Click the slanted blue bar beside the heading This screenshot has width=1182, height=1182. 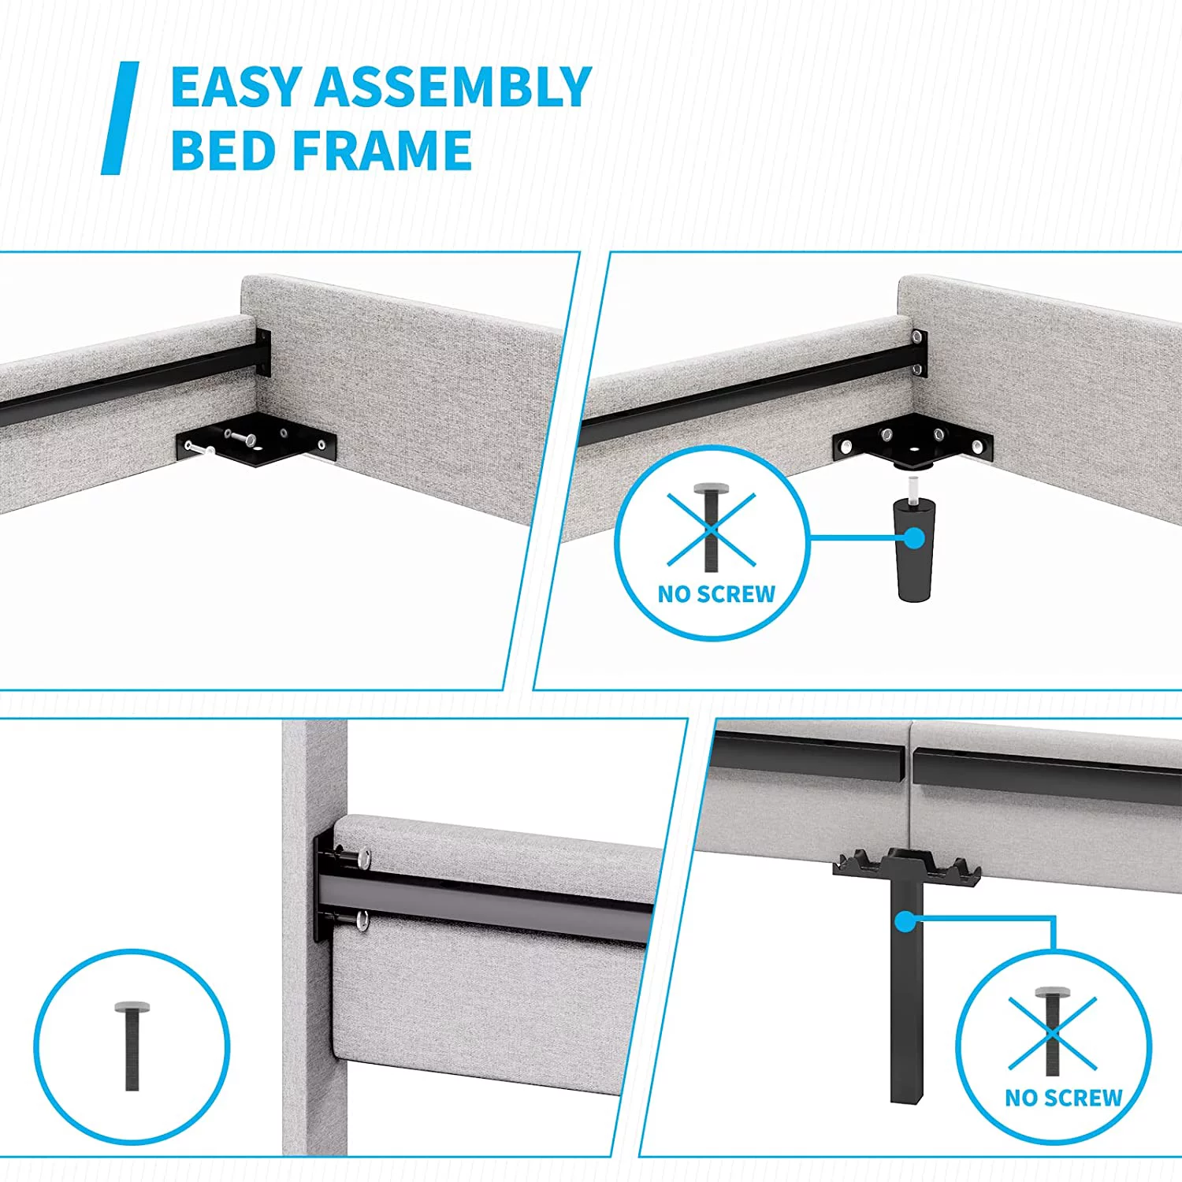pyautogui.click(x=120, y=118)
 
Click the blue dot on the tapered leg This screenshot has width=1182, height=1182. pyautogui.click(x=914, y=538)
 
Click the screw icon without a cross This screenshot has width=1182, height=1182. pyautogui.click(x=132, y=1046)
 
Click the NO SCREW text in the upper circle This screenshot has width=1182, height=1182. pyautogui.click(x=716, y=594)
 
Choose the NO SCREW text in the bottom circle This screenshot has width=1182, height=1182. pyautogui.click(x=1063, y=1098)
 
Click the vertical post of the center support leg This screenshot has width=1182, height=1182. pyautogui.click(x=906, y=993)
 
